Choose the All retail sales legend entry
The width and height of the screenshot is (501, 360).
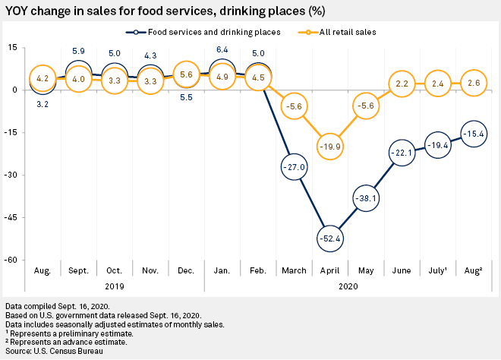pyautogui.click(x=338, y=32)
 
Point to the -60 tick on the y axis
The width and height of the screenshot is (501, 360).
pyautogui.click(x=13, y=260)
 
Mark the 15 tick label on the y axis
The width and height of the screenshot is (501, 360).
pyautogui.click(x=13, y=48)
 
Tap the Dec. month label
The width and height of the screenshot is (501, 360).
pyautogui.click(x=187, y=270)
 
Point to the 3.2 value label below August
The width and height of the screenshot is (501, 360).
pyautogui.click(x=43, y=103)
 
